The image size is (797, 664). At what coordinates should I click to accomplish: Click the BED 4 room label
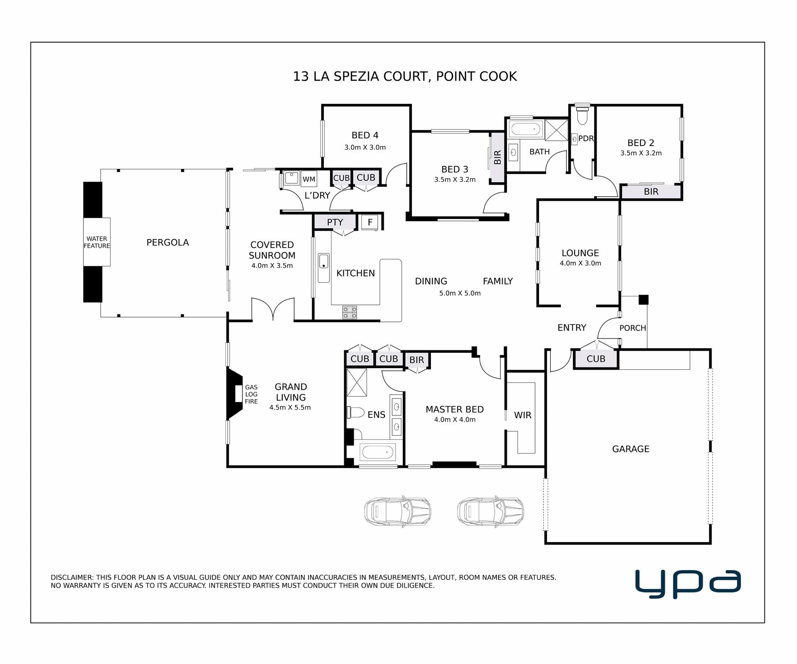365,135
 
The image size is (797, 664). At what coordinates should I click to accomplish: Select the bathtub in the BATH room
526,129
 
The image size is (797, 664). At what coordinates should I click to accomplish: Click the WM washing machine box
309,179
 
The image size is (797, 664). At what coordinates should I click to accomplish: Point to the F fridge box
370,222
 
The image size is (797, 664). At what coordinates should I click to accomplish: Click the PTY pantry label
335,222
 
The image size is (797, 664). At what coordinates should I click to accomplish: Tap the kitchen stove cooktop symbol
350,312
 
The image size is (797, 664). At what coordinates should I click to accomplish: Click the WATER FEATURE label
97,242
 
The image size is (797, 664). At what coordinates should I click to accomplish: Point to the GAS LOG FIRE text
251,394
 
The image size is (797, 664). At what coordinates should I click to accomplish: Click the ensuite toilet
355,413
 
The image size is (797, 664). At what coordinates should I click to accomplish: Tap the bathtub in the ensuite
377,452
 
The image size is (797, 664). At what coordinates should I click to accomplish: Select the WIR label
523,415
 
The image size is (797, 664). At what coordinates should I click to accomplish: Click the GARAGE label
631,449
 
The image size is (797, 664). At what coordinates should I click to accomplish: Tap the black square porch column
643,300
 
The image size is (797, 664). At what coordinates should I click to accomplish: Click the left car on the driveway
398,511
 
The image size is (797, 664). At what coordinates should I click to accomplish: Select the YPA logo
688,583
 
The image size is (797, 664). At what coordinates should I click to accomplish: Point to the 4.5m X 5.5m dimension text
290,408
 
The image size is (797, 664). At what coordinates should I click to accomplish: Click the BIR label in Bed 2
651,192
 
